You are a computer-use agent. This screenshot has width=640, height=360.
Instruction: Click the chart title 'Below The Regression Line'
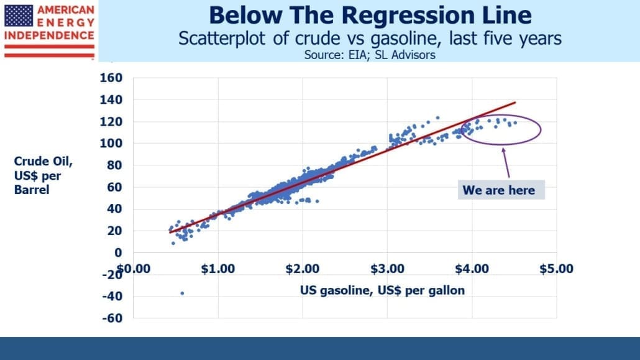(x=370, y=15)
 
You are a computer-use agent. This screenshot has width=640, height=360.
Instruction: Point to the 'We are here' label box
(x=501, y=190)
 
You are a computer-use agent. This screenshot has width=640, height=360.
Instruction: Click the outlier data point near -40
(x=182, y=293)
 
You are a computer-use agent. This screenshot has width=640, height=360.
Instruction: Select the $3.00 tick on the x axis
(x=387, y=269)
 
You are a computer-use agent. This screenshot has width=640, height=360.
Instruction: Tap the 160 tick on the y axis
(x=111, y=78)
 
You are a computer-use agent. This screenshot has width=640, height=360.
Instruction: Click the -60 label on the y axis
(x=112, y=318)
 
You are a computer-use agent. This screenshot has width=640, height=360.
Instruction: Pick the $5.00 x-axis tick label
(x=556, y=269)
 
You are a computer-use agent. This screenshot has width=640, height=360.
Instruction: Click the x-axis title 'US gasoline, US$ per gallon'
(x=383, y=290)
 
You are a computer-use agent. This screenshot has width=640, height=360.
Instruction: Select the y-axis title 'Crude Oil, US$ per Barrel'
(x=43, y=176)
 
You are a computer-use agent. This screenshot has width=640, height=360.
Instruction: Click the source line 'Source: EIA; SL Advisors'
(x=370, y=55)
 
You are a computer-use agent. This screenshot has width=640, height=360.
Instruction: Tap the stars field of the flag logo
(x=19, y=16)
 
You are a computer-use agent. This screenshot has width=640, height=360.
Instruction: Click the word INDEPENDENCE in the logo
(x=49, y=35)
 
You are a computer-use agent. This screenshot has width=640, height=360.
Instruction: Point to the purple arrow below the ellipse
(x=506, y=163)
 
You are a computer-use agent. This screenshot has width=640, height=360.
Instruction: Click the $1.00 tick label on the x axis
(x=218, y=269)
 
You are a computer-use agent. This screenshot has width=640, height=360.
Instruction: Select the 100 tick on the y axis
(x=111, y=143)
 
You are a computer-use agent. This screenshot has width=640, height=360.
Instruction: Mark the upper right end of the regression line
(x=516, y=102)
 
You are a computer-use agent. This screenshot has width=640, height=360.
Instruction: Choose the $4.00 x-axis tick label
(x=472, y=269)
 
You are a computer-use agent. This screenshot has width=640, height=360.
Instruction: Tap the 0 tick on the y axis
(x=118, y=252)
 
